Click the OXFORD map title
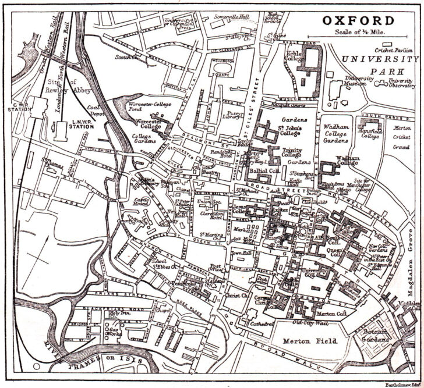pyautogui.click(x=361, y=21)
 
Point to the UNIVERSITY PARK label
pyautogui.click(x=380, y=65)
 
